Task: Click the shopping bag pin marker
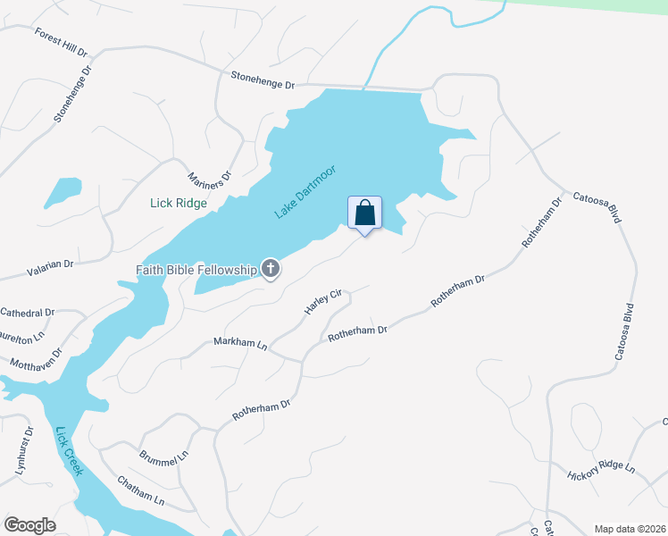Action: [x=364, y=214]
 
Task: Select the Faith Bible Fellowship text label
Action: [x=196, y=269]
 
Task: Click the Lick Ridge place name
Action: [x=179, y=203]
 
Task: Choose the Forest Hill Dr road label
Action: [x=63, y=42]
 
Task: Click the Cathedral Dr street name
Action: [x=27, y=313]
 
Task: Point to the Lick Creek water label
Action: [x=69, y=452]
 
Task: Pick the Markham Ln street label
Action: [x=240, y=343]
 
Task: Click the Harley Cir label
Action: [x=323, y=301]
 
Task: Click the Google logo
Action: [x=29, y=525]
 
